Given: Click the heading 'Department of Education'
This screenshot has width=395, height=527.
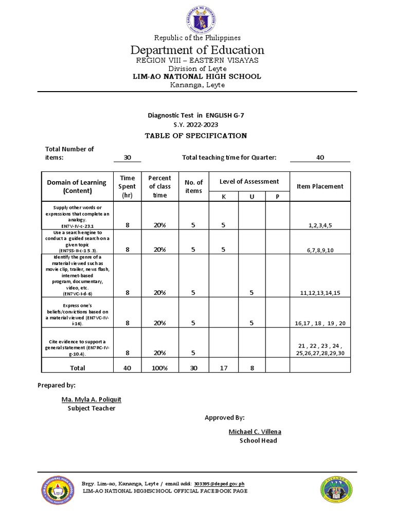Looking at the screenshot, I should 197,50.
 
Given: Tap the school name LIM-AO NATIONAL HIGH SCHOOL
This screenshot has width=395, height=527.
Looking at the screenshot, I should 197,77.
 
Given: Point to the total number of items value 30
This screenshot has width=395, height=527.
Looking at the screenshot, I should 127,157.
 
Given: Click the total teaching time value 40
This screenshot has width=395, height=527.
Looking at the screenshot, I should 320,157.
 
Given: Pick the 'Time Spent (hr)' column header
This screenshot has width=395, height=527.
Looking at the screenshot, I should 127,186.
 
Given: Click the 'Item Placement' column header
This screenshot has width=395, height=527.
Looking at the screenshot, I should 320,186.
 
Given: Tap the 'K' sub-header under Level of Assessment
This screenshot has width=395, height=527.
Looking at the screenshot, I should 223,197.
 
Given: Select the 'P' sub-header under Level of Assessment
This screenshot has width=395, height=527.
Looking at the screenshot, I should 277,197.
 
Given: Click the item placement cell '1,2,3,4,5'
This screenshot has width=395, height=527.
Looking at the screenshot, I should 320,225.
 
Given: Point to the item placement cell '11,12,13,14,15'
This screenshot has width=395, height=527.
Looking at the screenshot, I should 320,293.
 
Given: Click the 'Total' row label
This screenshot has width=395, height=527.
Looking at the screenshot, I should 77,367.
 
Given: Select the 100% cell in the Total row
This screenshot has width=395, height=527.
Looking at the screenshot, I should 159,367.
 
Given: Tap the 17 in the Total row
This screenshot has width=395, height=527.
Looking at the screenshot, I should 223,367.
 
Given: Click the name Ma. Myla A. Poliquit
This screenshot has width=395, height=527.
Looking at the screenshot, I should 92,399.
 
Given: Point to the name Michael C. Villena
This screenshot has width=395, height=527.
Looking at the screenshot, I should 255,431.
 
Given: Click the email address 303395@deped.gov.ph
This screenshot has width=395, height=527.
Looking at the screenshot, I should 219,484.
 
